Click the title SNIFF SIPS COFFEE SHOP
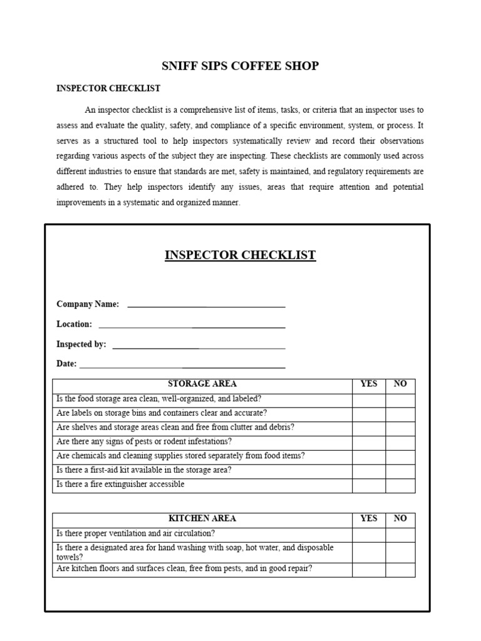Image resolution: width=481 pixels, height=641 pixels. [240, 66]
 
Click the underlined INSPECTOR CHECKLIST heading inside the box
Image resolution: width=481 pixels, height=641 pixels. [240, 255]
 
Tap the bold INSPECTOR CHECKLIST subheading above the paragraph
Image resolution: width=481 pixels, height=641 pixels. [108, 89]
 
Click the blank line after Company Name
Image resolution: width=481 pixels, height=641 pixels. [206, 305]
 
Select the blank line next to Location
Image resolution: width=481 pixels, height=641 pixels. [192, 326]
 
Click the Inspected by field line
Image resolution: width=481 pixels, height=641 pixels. [199, 346]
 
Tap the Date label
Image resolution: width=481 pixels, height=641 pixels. [66, 364]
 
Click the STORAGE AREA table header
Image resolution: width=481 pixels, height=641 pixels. [202, 384]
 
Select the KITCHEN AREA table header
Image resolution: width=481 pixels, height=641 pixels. [202, 519]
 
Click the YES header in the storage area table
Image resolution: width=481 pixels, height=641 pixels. [369, 384]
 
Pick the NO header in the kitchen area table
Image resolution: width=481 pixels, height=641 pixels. [400, 519]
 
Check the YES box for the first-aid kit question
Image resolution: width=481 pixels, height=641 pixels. [369, 471]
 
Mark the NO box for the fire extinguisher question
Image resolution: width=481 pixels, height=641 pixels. [400, 485]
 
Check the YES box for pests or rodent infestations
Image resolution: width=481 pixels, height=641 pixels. [369, 442]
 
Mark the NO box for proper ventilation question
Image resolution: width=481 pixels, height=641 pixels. [400, 534]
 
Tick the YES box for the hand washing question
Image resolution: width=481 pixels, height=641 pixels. [369, 552]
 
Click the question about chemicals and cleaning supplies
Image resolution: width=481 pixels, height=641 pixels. [180, 456]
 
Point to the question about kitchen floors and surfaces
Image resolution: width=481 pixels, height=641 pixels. [184, 569]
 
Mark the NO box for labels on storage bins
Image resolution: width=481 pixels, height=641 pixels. [400, 413]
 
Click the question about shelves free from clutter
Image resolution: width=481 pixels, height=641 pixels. [175, 428]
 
